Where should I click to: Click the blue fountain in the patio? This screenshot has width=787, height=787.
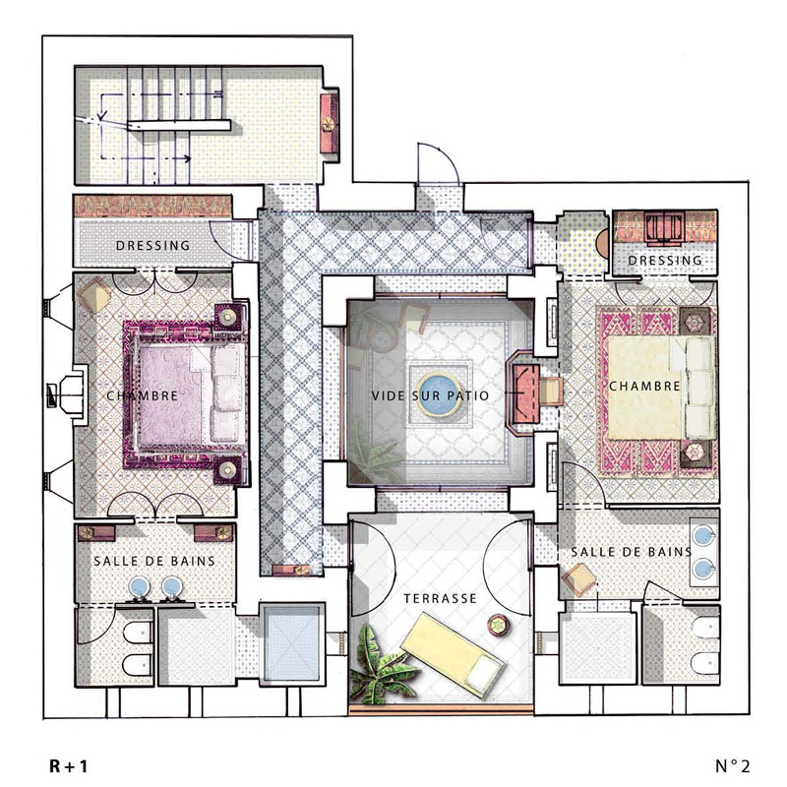[x=439, y=395]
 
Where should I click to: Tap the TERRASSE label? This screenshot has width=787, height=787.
[x=440, y=598]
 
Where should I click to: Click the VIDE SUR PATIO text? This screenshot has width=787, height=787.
[x=430, y=396]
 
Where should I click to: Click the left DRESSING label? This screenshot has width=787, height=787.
[x=153, y=245]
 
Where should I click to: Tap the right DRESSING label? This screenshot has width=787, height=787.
[x=665, y=260]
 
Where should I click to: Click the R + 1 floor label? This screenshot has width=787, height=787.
[x=68, y=766]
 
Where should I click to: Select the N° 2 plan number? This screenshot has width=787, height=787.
[x=733, y=766]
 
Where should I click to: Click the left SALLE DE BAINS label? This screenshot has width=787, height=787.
[x=154, y=561]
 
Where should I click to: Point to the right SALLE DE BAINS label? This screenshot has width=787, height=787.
[x=632, y=552]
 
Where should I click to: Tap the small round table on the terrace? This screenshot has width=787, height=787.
[x=499, y=625]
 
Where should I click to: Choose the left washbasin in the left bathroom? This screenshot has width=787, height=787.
[x=140, y=586]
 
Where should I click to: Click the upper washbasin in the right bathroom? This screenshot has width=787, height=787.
[x=704, y=536]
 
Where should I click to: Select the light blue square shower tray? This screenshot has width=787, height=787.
[x=291, y=643]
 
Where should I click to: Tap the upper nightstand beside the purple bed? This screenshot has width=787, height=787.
[x=228, y=317]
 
